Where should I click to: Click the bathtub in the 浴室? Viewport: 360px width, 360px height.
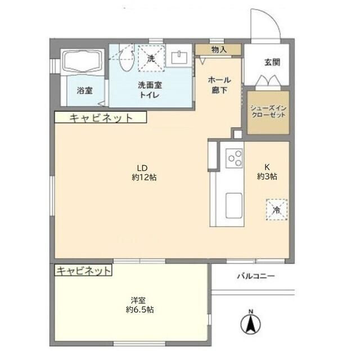83,61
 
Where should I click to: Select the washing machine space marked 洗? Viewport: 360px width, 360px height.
151,58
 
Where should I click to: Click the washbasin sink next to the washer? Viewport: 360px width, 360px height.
179,57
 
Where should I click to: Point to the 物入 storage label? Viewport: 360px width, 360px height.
219,49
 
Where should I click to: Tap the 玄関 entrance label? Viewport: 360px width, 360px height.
272,62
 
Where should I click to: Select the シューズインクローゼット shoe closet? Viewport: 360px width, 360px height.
268,112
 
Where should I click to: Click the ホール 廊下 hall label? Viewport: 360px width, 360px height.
219,85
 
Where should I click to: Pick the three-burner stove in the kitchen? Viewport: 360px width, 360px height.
234,158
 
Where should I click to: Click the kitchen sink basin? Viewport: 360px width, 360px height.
234,206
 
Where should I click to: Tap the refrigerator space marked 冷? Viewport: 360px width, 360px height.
277,210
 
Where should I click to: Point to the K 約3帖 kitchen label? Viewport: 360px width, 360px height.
267,172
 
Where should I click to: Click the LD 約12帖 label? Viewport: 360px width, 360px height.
144,173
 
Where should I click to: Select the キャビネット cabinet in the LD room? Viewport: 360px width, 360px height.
101,118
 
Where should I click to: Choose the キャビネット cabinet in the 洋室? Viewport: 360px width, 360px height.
83,270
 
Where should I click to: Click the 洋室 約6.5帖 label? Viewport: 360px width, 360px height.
140,305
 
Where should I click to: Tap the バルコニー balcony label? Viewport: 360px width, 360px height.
256,276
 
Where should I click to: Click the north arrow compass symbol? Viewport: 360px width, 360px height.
250,322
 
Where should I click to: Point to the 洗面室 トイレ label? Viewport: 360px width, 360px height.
150,90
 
